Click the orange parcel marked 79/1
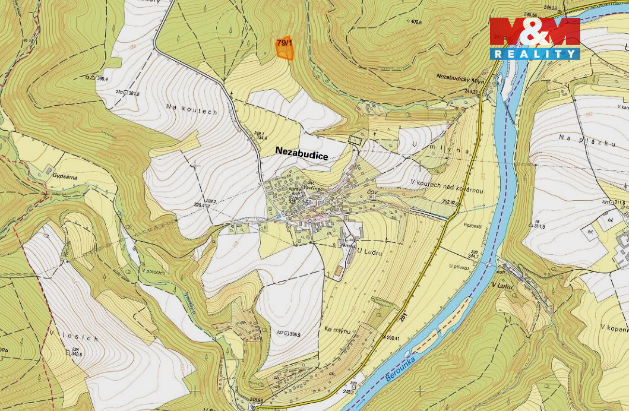(x=286, y=50)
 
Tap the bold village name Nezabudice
(x=301, y=151)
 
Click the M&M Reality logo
(x=535, y=38)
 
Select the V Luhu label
(x=502, y=286)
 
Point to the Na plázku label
(x=576, y=137)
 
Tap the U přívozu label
(x=459, y=268)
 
